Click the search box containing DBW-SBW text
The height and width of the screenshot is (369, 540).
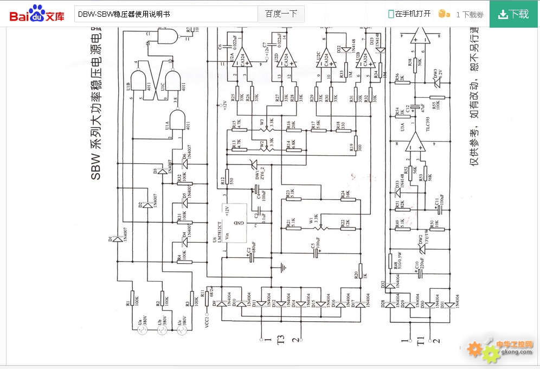click(165, 14)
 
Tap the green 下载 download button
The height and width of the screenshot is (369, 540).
click(514, 14)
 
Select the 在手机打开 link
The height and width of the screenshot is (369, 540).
click(409, 14)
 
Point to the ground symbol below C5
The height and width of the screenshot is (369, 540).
click(282, 268)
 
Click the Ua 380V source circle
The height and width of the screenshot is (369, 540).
click(140, 328)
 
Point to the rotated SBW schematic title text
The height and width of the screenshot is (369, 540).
click(98, 98)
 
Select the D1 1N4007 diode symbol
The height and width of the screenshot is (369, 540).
click(115, 239)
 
